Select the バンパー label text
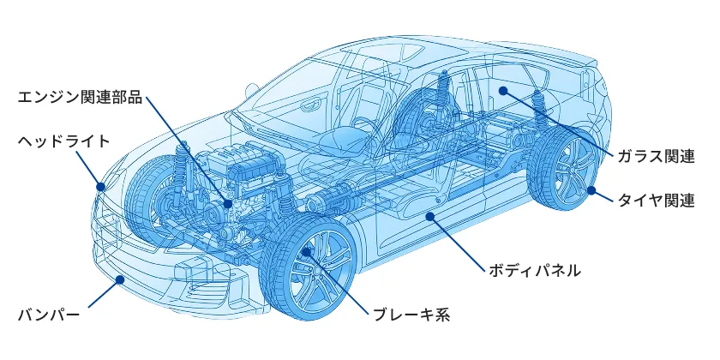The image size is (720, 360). tap(49, 315)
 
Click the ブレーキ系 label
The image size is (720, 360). tap(411, 315)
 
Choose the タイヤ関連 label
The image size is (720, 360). tap(657, 201)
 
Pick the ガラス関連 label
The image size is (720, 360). tap(657, 156)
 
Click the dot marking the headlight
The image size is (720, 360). tap(101, 186)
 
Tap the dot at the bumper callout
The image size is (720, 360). tap(121, 279)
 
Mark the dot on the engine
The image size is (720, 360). tap(227, 203)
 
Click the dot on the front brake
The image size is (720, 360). tap(307, 252)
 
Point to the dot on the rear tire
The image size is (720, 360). tap(591, 189)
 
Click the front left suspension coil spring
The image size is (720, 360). tap(182, 163)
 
